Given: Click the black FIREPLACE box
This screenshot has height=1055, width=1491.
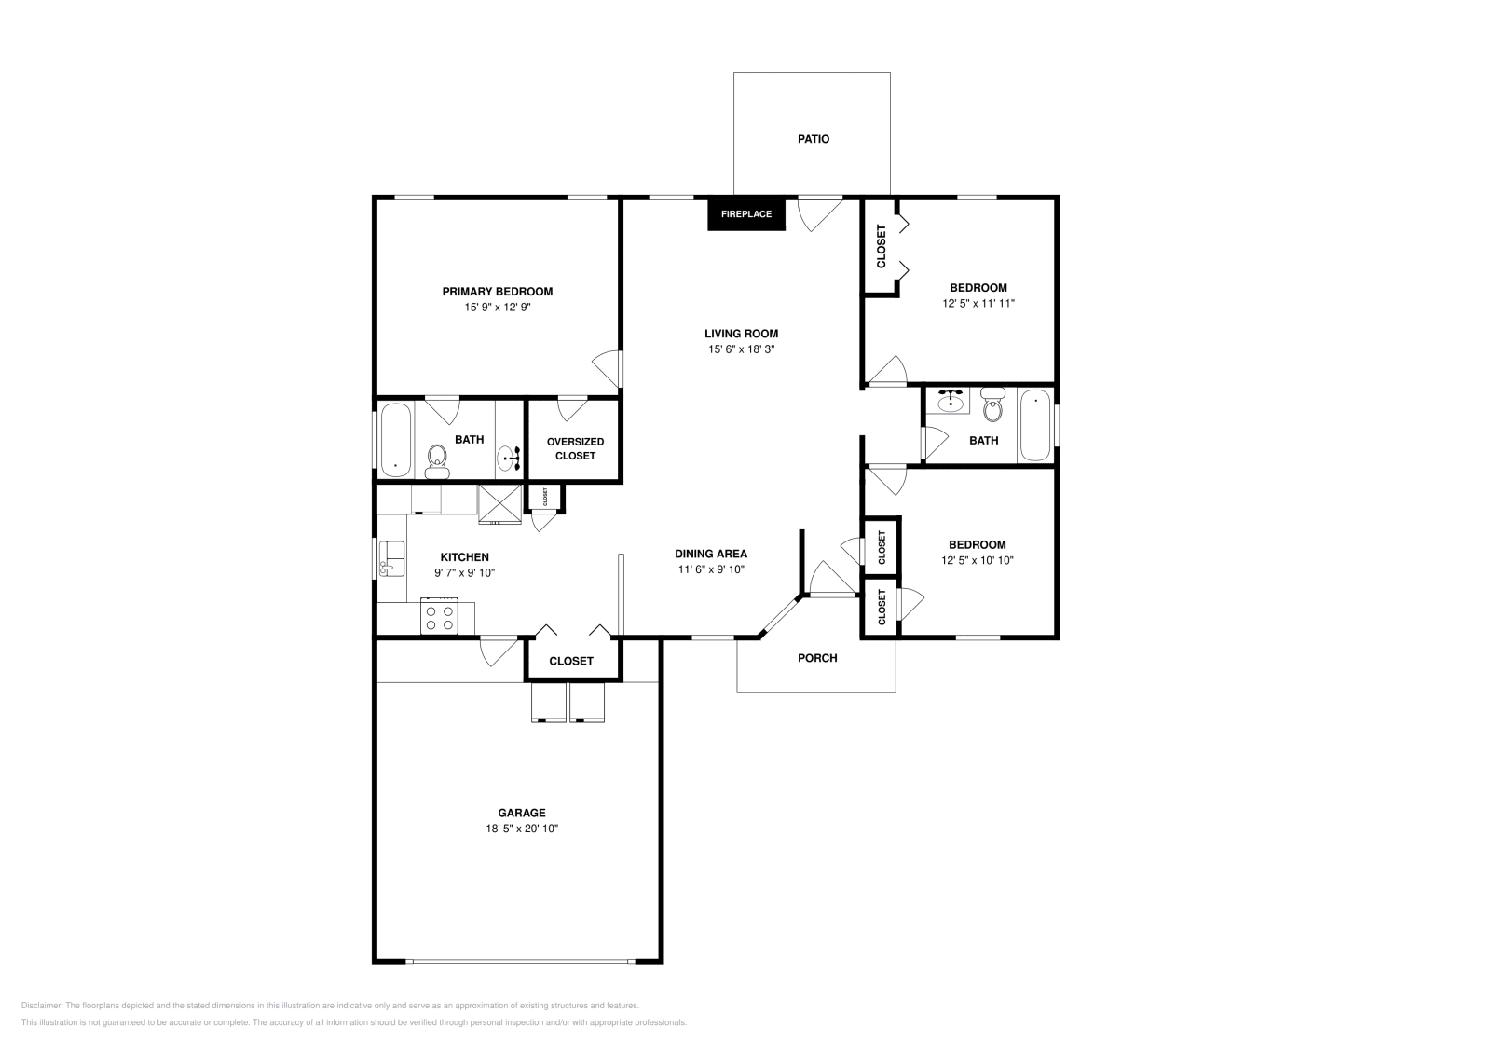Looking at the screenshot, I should pyautogui.click(x=746, y=214).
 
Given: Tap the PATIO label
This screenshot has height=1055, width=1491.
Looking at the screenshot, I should pyautogui.click(x=813, y=139).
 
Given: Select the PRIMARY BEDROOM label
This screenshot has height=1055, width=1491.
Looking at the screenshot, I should pyautogui.click(x=497, y=292).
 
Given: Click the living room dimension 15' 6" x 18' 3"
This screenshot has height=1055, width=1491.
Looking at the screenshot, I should pyautogui.click(x=741, y=349).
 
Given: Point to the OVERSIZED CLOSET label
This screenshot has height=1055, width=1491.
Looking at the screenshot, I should pyautogui.click(x=575, y=448).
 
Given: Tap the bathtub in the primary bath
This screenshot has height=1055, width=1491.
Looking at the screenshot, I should pyautogui.click(x=395, y=439).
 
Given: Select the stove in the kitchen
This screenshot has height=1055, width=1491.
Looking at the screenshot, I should pyautogui.click(x=439, y=616).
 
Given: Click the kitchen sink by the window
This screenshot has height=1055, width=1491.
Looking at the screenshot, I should pyautogui.click(x=392, y=558).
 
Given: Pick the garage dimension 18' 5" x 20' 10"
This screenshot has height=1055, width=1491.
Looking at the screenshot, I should pyautogui.click(x=521, y=829).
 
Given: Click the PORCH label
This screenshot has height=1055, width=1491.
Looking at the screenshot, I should pyautogui.click(x=817, y=658).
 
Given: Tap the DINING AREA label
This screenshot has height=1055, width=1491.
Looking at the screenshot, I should pyautogui.click(x=710, y=554).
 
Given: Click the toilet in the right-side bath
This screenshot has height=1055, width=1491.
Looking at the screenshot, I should pyautogui.click(x=992, y=407).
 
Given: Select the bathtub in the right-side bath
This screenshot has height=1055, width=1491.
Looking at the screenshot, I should pyautogui.click(x=1034, y=426).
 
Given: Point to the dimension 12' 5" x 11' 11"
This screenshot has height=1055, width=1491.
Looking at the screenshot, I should pyautogui.click(x=978, y=303).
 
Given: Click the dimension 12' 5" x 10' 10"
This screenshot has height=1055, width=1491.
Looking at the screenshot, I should pyautogui.click(x=977, y=560).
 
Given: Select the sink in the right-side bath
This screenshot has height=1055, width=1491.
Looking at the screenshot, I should pyautogui.click(x=951, y=402).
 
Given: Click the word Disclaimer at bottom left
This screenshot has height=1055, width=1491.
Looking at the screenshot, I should pyautogui.click(x=40, y=1006).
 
